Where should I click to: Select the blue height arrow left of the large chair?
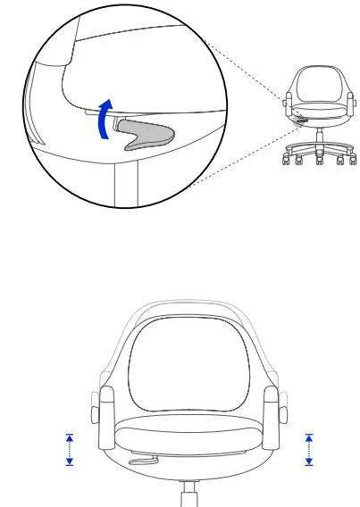click(70, 449)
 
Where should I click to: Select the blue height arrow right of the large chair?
click(309, 449)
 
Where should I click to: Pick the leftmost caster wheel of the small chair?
click(285, 161)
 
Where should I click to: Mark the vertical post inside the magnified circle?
click(125, 183)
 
